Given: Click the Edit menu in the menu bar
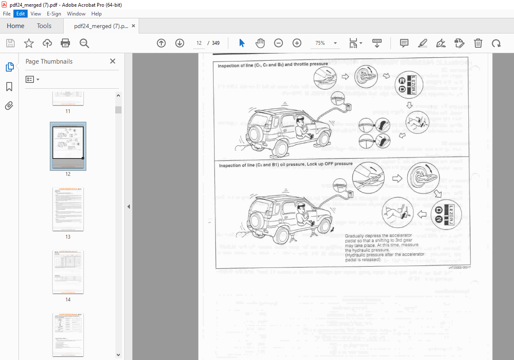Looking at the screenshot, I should pyautogui.click(x=20, y=14).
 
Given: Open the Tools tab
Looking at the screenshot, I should pyautogui.click(x=44, y=26).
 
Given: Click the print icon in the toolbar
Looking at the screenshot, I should pyautogui.click(x=65, y=43).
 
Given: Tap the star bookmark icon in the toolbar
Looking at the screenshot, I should pyautogui.click(x=28, y=43).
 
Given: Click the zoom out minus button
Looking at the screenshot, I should pyautogui.click(x=279, y=43).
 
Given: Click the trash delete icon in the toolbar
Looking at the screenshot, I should pyautogui.click(x=478, y=43).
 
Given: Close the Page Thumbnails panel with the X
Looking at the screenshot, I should pyautogui.click(x=112, y=61).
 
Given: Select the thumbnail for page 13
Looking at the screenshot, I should pyautogui.click(x=68, y=209).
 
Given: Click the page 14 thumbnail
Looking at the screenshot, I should pyautogui.click(x=68, y=272).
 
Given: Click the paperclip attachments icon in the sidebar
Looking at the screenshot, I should pyautogui.click(x=9, y=106).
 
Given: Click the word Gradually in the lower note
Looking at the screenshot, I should pyautogui.click(x=356, y=236).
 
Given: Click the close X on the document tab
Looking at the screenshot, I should pyautogui.click(x=133, y=26).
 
